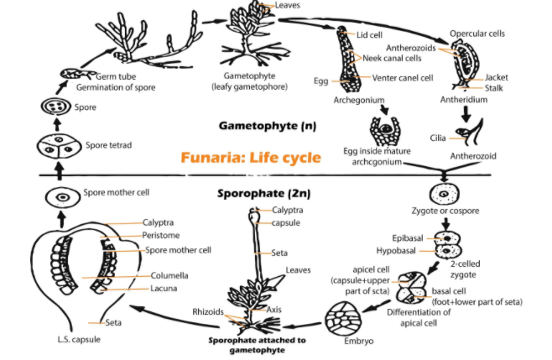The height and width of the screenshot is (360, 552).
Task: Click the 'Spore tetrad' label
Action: [x=108, y=145]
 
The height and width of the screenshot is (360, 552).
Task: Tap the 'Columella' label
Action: [x=170, y=274]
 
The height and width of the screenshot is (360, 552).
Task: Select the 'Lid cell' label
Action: [x=370, y=35]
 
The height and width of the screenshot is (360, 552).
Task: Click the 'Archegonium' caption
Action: [x=352, y=97]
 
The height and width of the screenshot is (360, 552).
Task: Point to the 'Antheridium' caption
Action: [x=464, y=98]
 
